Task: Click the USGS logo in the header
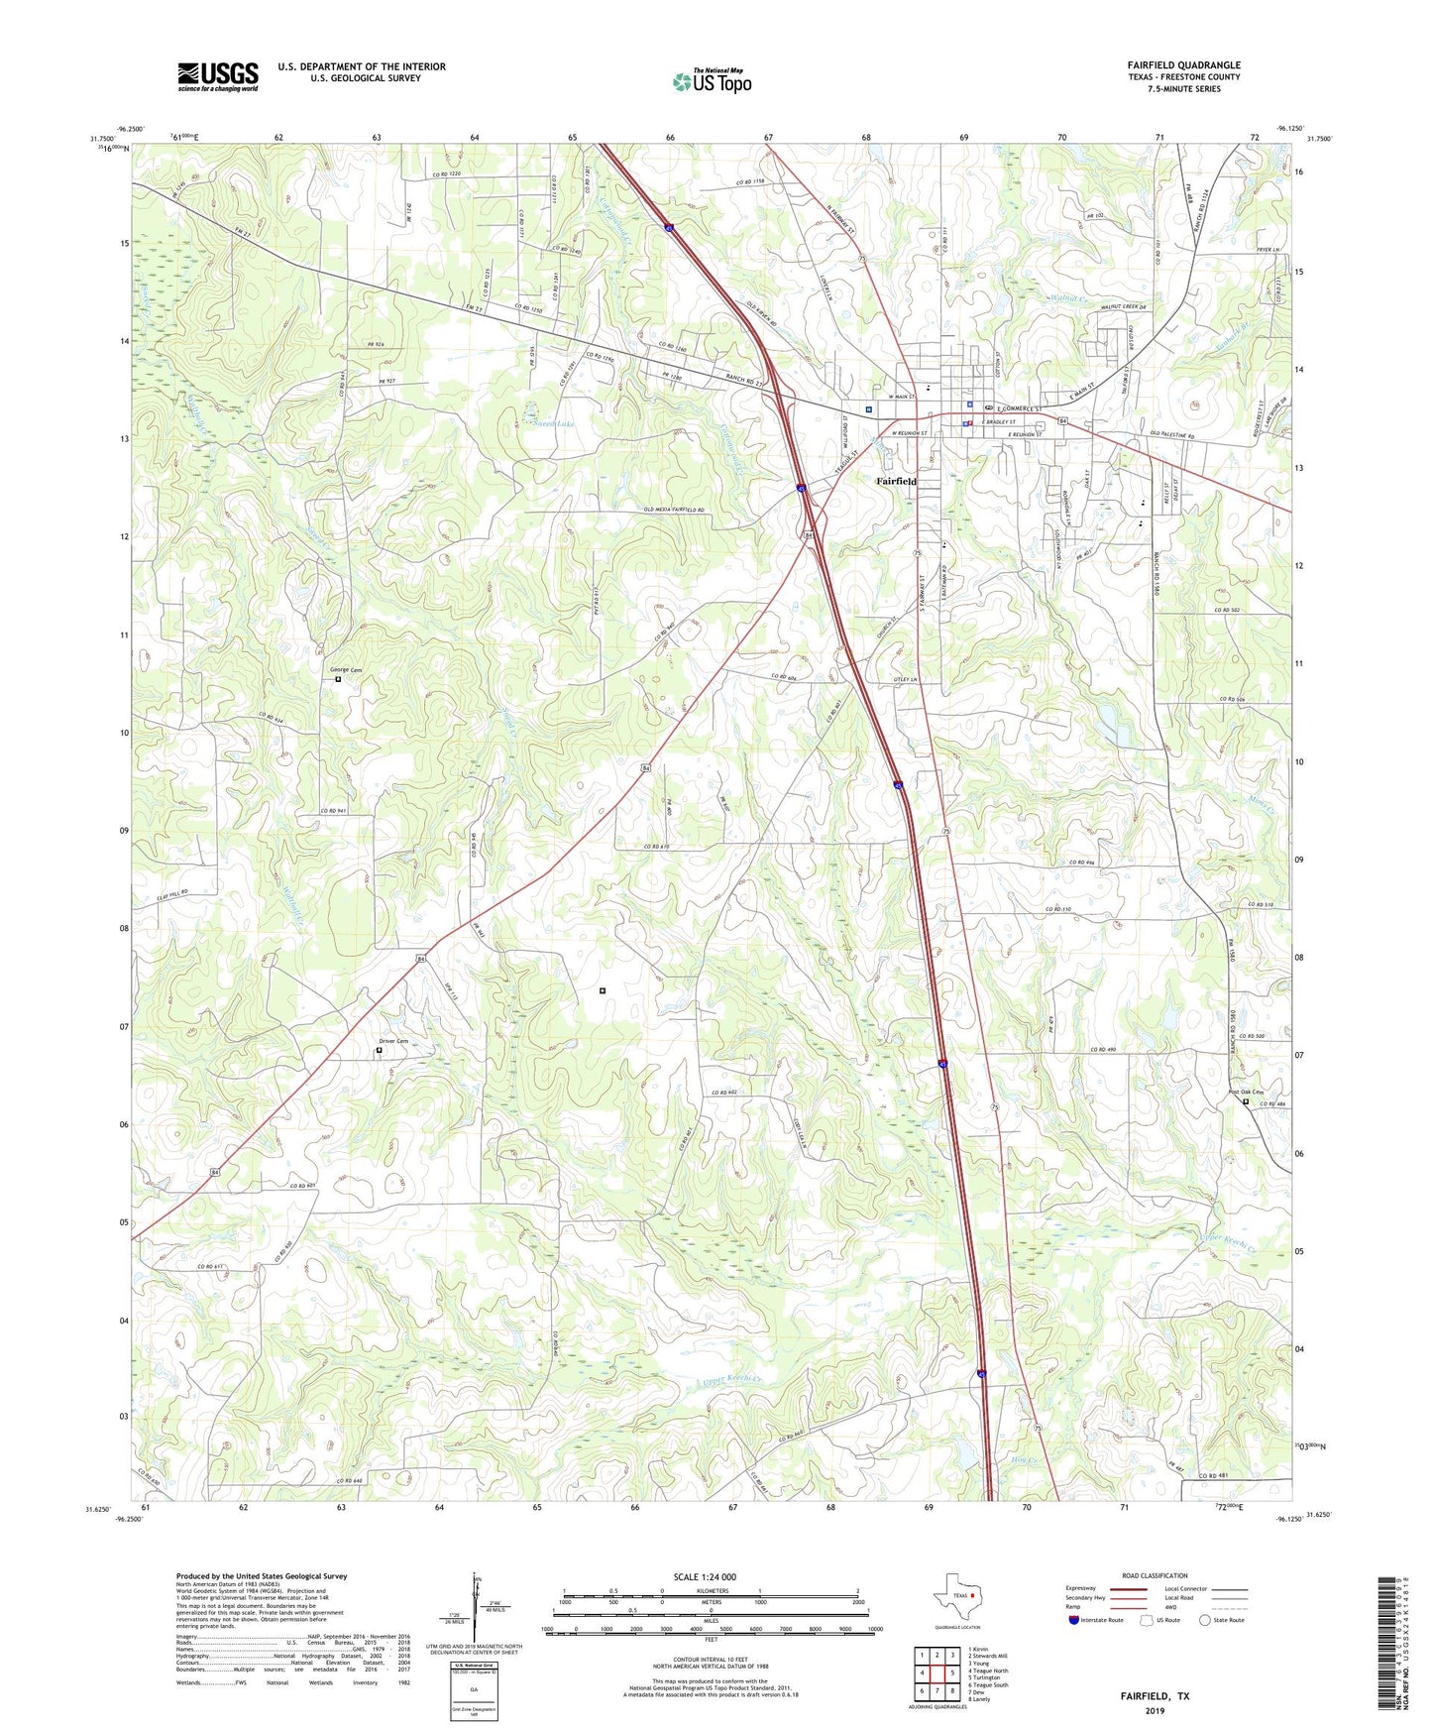(218, 76)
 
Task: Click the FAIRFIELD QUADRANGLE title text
(1183, 65)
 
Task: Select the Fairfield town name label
(896, 481)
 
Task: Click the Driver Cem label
(392, 1041)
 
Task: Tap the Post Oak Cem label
(1246, 1092)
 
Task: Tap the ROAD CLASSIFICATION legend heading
(1156, 1575)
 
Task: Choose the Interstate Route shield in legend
(1075, 1620)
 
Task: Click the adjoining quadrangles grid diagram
(936, 1673)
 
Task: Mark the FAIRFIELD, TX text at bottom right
(1155, 1696)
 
